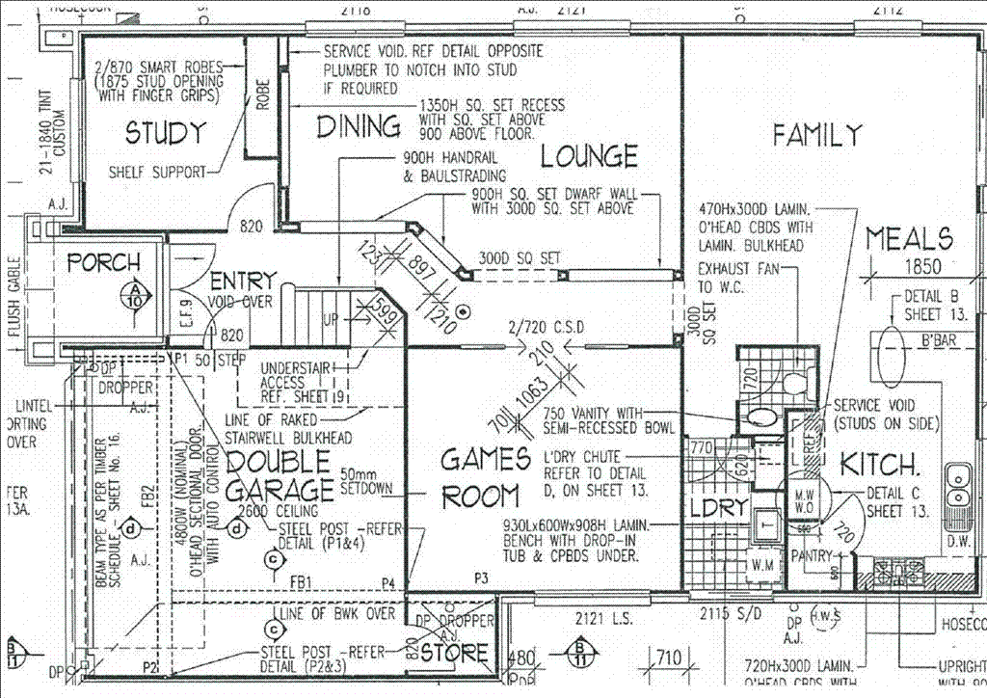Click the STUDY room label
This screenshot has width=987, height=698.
[166, 133]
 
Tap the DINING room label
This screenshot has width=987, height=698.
[360, 126]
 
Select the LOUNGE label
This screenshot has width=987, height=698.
[588, 155]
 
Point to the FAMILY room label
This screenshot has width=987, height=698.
[816, 136]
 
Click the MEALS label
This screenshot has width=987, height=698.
[909, 238]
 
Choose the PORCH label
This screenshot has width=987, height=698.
[103, 262]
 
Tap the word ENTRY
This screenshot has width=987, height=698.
[243, 281]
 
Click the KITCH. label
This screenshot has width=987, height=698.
[880, 465]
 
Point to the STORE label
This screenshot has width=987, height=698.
[454, 654]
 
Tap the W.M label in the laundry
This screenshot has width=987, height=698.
[761, 563]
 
